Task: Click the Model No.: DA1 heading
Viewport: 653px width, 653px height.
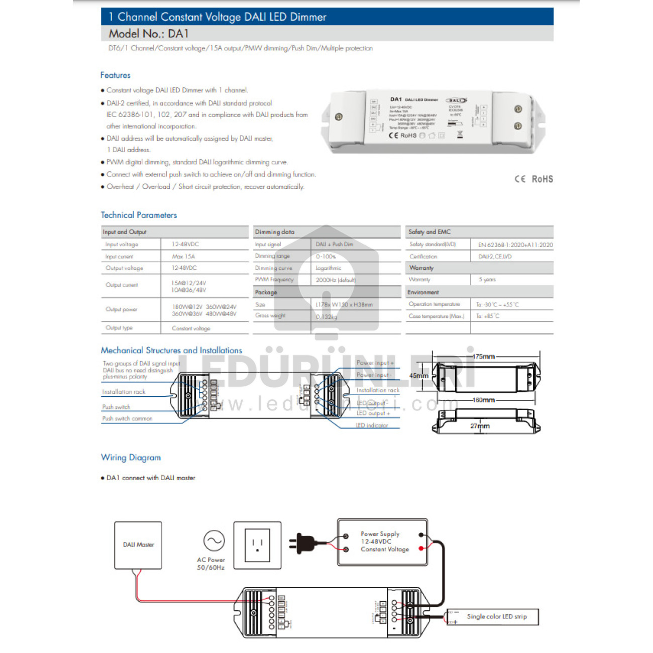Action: click(x=149, y=34)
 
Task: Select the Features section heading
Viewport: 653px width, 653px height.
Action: click(x=115, y=75)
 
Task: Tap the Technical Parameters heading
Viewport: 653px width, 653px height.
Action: click(x=139, y=215)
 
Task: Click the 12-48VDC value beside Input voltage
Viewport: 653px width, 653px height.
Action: click(x=185, y=244)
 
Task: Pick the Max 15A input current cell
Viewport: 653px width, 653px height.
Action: click(x=183, y=256)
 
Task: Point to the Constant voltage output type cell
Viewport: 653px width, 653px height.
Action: click(x=191, y=328)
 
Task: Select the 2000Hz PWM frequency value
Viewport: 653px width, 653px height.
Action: click(x=335, y=280)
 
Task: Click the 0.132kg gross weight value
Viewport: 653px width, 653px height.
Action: click(x=326, y=316)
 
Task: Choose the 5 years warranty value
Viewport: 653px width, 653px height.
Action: click(x=487, y=279)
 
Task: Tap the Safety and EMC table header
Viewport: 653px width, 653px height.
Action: click(x=429, y=232)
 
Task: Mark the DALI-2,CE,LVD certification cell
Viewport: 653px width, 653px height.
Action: click(x=495, y=256)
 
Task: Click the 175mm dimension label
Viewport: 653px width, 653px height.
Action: click(x=484, y=357)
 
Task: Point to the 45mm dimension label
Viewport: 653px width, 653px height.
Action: click(x=418, y=376)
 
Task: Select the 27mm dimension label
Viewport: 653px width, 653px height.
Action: click(x=480, y=426)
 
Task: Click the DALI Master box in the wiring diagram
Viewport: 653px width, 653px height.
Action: click(x=138, y=545)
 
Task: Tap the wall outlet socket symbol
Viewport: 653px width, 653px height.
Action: click(x=257, y=545)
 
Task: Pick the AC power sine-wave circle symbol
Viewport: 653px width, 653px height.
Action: click(x=214, y=541)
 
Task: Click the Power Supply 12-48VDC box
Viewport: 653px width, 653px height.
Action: click(x=382, y=542)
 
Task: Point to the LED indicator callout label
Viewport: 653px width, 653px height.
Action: click(x=372, y=425)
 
